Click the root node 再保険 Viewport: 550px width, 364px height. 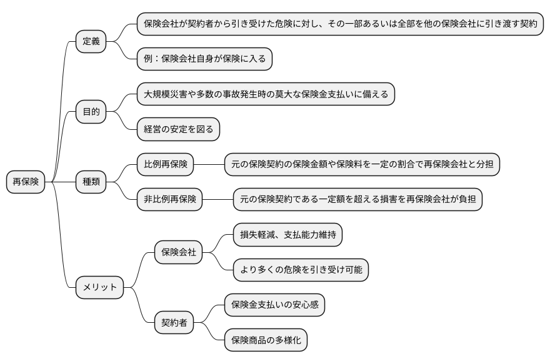(x=26, y=182)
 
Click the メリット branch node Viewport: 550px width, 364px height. (x=99, y=287)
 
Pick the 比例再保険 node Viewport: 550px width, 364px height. (x=165, y=164)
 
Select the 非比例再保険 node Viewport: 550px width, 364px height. (x=169, y=199)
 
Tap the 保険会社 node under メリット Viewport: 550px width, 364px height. (x=179, y=252)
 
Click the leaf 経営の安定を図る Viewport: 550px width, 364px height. (x=179, y=129)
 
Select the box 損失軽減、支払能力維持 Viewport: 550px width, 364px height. (x=287, y=235)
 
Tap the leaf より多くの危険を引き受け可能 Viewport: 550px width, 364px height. (x=301, y=270)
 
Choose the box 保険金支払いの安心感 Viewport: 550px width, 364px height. (x=274, y=305)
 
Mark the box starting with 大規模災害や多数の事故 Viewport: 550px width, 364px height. (x=266, y=94)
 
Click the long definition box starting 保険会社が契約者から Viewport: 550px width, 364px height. (x=340, y=24)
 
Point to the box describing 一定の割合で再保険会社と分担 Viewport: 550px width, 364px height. (x=362, y=164)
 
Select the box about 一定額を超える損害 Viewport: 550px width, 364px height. (x=357, y=199)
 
